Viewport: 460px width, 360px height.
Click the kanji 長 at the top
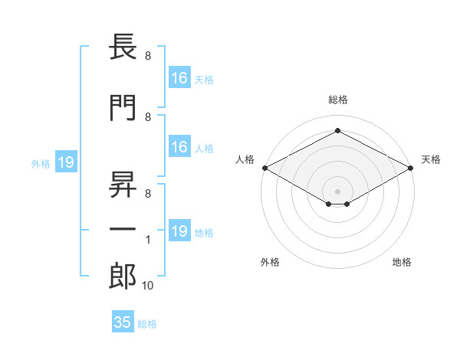(x=123, y=48)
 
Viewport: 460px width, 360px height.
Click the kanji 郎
(x=123, y=277)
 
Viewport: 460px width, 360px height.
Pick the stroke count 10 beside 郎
(x=147, y=286)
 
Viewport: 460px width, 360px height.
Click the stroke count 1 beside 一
(x=147, y=240)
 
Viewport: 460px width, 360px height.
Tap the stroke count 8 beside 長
(x=147, y=56)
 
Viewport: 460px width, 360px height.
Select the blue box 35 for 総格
(x=123, y=322)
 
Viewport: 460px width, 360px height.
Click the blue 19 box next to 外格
(x=65, y=162)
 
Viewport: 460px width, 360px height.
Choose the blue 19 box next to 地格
(x=179, y=231)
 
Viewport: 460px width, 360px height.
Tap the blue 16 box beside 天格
(x=179, y=78)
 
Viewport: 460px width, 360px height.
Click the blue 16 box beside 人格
(x=179, y=147)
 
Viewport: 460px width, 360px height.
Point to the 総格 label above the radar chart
(x=337, y=100)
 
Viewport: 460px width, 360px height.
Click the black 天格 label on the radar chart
(x=431, y=159)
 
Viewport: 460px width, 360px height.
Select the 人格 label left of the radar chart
(x=245, y=159)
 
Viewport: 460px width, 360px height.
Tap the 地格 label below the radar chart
(x=402, y=262)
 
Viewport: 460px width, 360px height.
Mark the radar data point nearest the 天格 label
(x=411, y=168)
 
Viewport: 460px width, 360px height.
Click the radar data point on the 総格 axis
(x=337, y=131)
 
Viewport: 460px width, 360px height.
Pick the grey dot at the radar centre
(x=337, y=191)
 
